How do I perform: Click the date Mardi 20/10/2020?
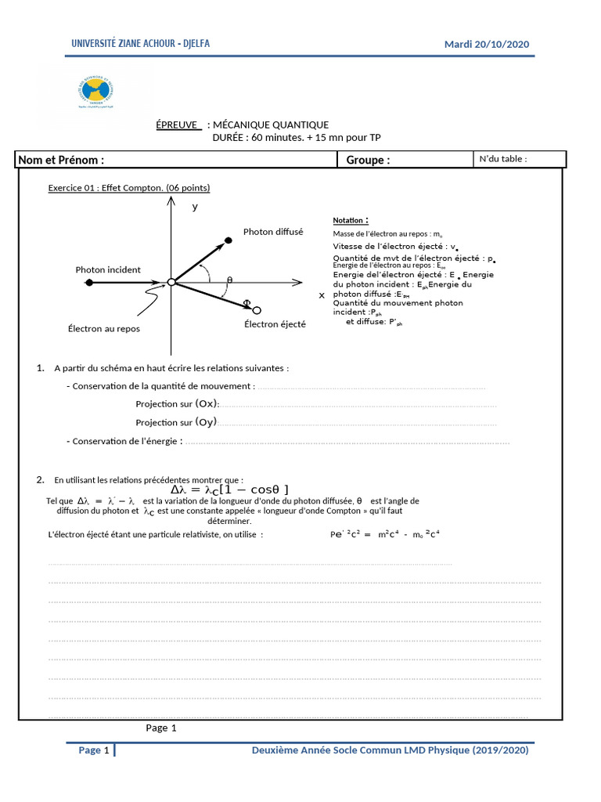click(x=487, y=44)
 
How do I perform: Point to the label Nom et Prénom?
click(x=63, y=160)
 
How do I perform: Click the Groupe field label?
click(x=368, y=160)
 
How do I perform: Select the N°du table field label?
click(x=502, y=159)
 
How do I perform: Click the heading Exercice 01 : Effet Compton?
click(x=129, y=188)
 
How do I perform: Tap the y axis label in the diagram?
click(x=195, y=208)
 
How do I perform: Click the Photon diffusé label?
click(x=272, y=232)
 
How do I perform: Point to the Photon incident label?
click(x=108, y=269)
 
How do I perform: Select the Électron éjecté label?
click(x=275, y=323)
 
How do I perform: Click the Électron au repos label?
click(x=104, y=328)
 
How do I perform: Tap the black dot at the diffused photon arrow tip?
click(x=228, y=240)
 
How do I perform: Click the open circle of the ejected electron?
click(x=257, y=309)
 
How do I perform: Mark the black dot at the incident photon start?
click(x=90, y=283)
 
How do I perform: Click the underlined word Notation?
click(x=350, y=221)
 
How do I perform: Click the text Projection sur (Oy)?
click(x=177, y=422)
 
